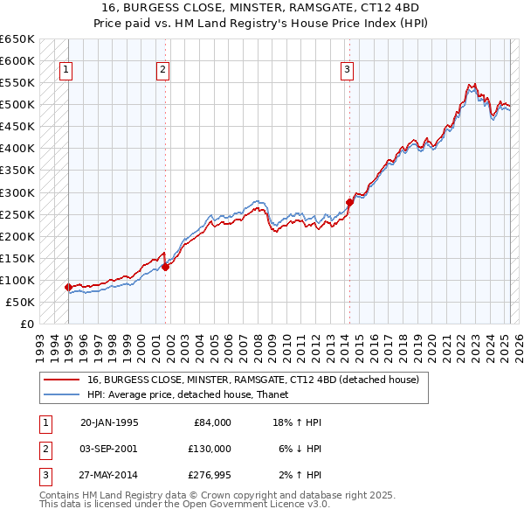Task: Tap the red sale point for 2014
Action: tap(349, 202)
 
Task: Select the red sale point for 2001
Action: tap(165, 267)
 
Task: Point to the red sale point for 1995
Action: tap(68, 287)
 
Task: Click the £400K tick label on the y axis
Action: tap(17, 148)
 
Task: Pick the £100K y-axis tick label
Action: tap(17, 280)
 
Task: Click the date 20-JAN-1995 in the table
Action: tap(109, 422)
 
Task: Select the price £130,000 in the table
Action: tap(210, 449)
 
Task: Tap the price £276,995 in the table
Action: tap(210, 475)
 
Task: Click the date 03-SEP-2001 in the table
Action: tap(109, 449)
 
